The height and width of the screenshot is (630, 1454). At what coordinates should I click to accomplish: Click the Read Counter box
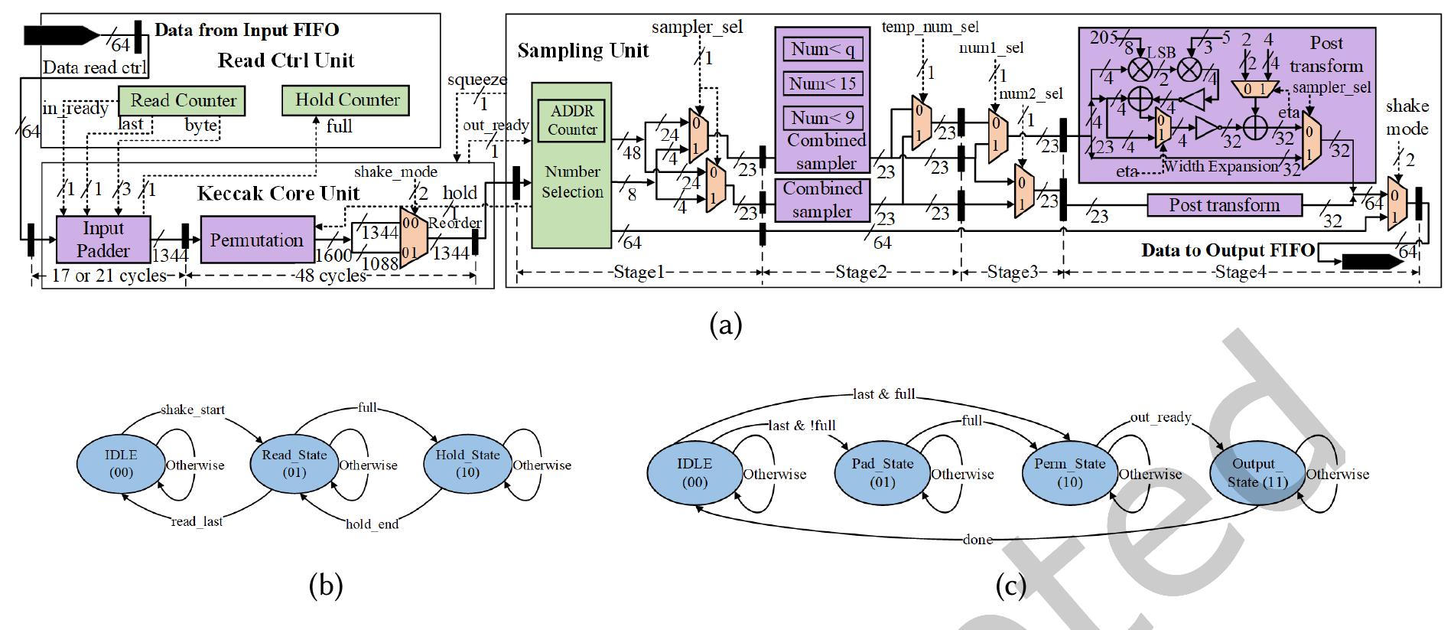pos(182,100)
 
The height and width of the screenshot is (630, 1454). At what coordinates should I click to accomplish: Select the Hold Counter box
pos(346,100)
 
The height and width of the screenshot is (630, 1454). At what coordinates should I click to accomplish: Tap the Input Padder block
pos(103,240)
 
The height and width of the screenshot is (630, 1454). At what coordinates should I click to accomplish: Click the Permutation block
pos(257,240)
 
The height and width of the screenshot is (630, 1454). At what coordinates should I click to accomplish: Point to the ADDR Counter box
pos(571,120)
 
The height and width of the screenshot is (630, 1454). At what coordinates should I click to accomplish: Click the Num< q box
pos(823,50)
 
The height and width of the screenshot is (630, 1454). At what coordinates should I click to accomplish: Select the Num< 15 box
pos(823,83)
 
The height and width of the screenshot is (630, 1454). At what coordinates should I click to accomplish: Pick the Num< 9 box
pos(823,118)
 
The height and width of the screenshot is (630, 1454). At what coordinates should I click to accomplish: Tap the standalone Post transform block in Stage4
pos(1224,205)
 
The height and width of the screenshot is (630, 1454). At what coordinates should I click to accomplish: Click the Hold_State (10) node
pos(467,463)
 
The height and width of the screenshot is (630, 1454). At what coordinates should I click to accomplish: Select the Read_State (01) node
pos(294,463)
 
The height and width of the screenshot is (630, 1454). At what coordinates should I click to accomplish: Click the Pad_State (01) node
pos(882,472)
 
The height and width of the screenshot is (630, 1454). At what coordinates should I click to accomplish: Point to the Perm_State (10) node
pos(1069,472)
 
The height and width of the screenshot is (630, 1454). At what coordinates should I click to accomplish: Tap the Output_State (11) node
pos(1257,472)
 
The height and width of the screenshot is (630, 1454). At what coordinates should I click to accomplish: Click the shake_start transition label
pos(193,410)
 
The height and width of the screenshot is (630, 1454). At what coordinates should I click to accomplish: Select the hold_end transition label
pos(372,524)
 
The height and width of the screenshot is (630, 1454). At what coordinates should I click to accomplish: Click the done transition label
pos(977,540)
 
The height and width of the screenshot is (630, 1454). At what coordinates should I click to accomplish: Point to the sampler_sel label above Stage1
pos(697,28)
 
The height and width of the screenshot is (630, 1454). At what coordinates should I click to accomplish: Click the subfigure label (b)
pos(325,586)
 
